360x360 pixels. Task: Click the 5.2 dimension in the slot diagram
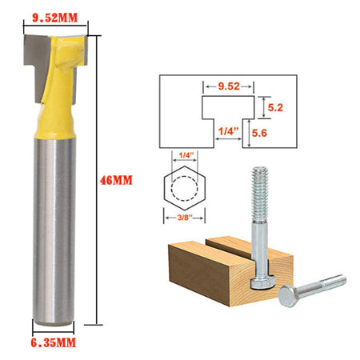[276, 105]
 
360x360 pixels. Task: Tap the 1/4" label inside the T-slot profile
[228, 129]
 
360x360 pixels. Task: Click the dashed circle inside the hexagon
[186, 189]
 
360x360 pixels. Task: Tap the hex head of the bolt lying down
[287, 299]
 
